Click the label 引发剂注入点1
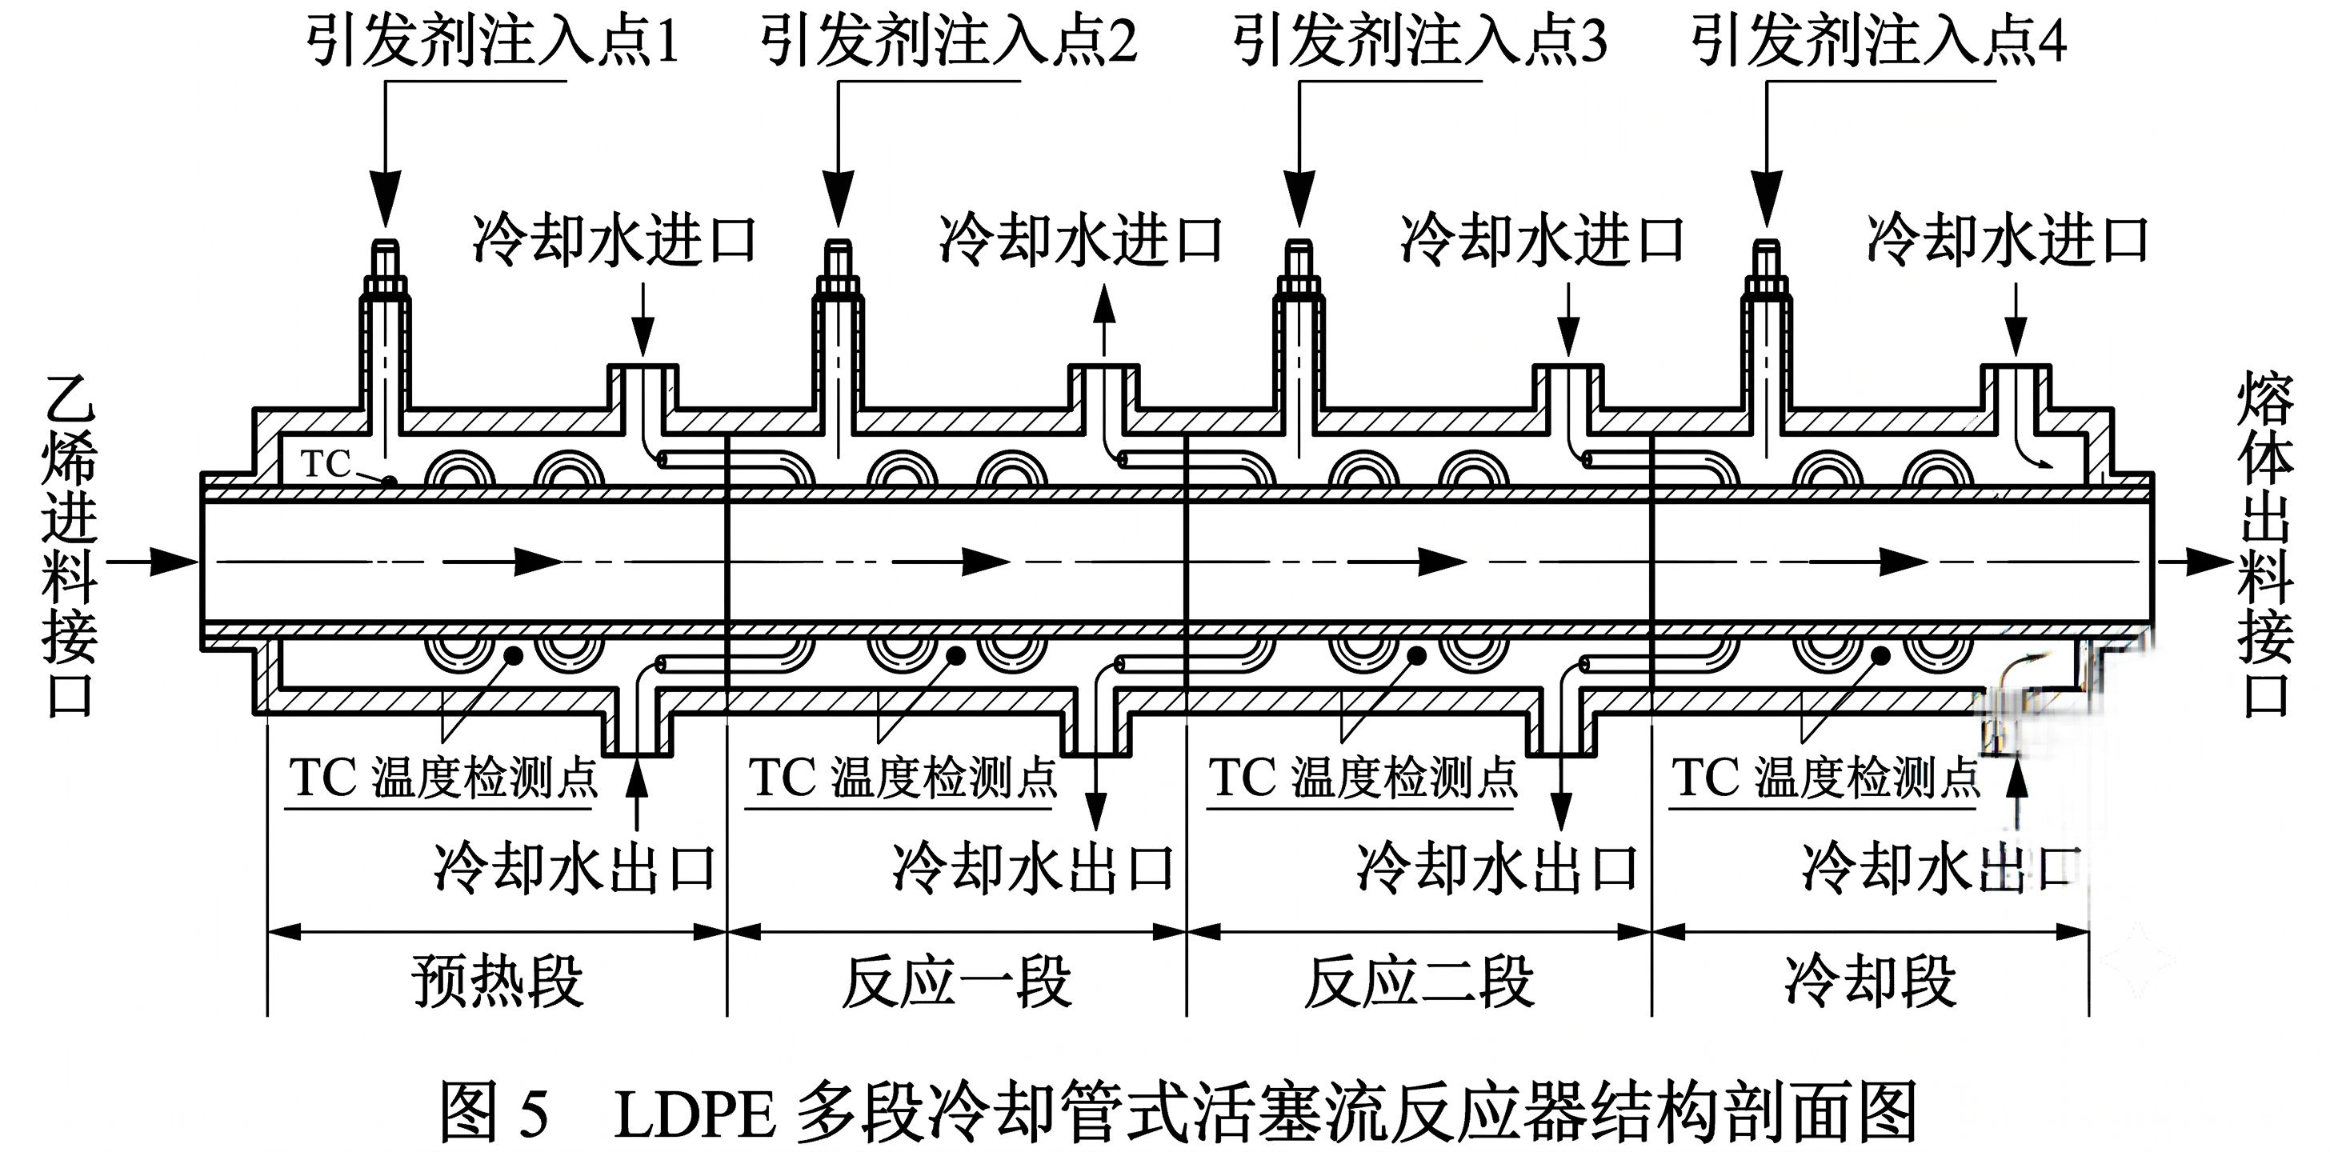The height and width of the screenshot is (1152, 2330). (492, 42)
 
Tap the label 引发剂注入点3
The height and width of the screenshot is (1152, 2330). (1419, 42)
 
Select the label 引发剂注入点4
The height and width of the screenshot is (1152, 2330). (1879, 42)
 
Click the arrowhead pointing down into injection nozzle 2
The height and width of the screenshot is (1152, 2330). (839, 199)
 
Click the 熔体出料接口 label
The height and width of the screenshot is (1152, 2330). (2265, 546)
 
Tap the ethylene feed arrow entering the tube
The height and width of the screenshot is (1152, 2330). (152, 562)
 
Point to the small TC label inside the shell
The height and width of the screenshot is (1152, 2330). (326, 464)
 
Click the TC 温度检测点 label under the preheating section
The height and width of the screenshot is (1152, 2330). (443, 778)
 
